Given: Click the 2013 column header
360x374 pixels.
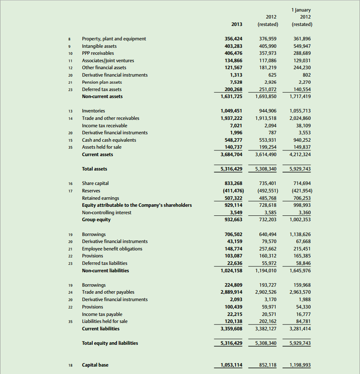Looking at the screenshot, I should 236,24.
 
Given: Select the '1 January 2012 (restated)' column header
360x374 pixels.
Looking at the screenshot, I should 302,17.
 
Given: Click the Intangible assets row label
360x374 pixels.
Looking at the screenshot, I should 99,46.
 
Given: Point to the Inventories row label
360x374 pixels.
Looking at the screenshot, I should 94,111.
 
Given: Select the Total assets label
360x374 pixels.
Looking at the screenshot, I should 95,169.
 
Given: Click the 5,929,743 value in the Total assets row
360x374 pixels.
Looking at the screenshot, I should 300,169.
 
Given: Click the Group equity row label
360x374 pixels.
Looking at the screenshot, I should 96,220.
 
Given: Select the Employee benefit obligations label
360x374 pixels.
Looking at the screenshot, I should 112,249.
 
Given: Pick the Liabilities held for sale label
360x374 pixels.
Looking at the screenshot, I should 105,321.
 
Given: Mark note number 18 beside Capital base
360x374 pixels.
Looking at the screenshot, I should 70,365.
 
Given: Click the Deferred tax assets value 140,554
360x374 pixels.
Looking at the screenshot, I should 302,89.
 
